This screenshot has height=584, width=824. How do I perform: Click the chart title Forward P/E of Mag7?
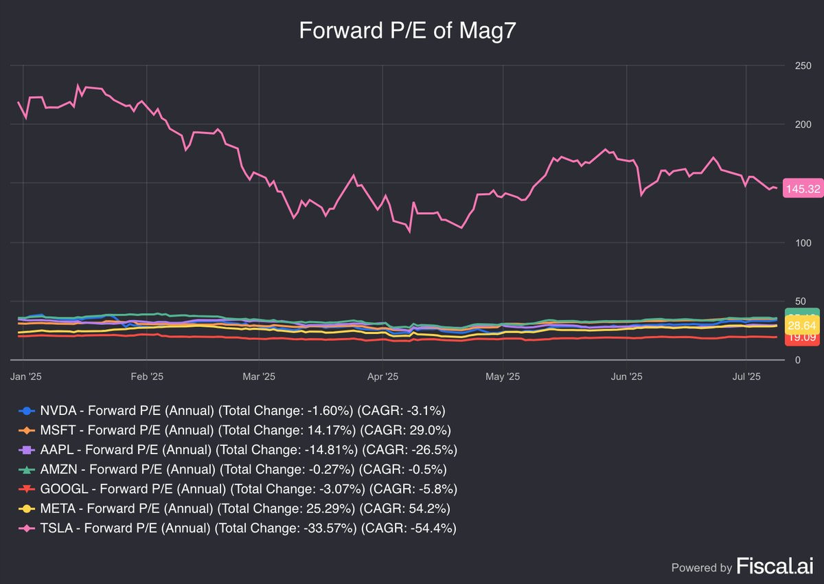[411, 31]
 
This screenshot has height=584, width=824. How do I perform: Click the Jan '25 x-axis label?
[25, 377]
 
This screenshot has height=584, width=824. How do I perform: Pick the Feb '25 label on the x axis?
[147, 377]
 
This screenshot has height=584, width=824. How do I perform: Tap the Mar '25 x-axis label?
[259, 377]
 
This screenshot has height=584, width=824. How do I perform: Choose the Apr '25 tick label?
[383, 377]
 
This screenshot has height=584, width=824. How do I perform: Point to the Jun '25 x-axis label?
[627, 377]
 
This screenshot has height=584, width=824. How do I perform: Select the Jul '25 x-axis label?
[747, 377]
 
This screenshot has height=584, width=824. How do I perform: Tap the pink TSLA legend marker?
[26, 528]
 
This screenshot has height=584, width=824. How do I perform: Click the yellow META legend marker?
[26, 509]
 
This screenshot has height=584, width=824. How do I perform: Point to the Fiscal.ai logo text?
[775, 566]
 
